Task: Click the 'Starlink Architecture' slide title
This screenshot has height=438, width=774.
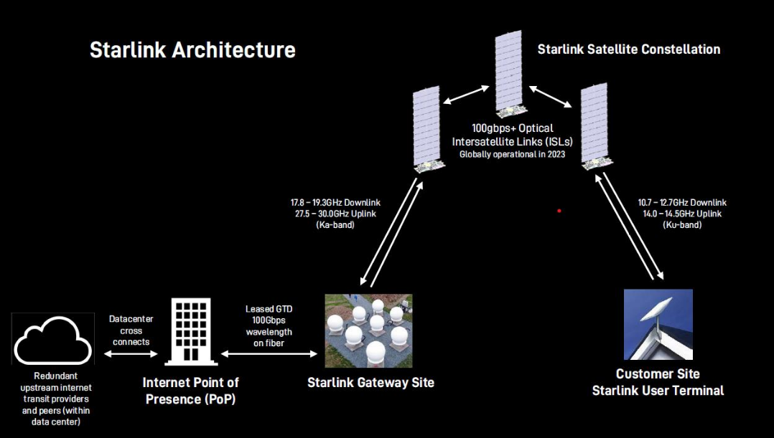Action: point(192,50)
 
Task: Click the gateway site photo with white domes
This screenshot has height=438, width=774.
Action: point(368,330)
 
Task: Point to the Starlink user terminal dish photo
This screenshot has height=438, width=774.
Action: point(658,324)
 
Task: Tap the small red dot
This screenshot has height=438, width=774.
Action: point(559,211)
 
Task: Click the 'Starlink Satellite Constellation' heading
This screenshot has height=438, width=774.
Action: point(628,49)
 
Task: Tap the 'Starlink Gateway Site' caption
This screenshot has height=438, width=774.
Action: point(370,383)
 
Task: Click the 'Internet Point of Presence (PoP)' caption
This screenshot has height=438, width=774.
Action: point(190,391)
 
